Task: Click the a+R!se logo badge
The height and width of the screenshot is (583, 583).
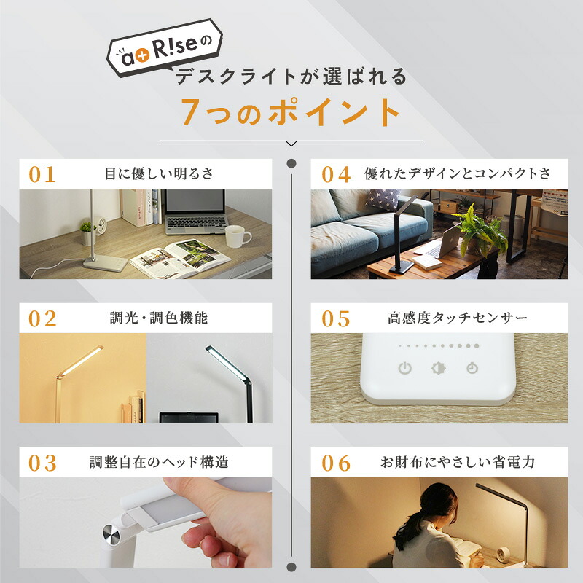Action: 165,47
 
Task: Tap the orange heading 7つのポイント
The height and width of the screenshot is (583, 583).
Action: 290,112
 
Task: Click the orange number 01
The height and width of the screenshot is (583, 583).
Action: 42,174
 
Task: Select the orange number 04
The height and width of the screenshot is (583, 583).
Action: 336,174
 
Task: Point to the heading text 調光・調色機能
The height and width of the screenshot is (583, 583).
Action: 159,318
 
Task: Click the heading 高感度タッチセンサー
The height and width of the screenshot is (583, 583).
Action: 458,318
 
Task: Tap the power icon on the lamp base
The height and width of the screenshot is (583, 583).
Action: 405,368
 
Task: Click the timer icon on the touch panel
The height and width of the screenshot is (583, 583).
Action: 472,368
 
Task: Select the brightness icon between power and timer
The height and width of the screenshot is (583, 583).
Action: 439,368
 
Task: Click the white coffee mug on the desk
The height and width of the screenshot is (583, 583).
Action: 238,236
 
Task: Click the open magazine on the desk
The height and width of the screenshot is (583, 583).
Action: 180,258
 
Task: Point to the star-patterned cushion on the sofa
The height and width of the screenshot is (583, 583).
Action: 383,199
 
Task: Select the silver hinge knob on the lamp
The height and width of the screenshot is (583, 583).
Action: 111,535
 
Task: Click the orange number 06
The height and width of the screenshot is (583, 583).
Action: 336,463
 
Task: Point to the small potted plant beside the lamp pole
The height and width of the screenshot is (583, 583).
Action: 87,233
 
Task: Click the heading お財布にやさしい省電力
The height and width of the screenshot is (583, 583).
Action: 458,463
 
